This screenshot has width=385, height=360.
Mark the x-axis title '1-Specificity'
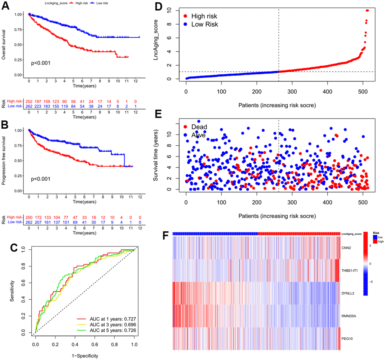85,355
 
